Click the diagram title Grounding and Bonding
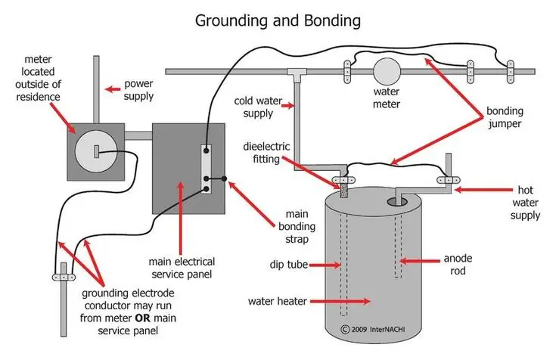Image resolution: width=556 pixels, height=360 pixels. [x=278, y=20]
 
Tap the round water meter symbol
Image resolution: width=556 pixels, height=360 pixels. [x=387, y=71]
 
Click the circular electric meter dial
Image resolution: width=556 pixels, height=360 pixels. [x=97, y=151]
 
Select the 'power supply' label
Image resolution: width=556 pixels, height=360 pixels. [x=138, y=90]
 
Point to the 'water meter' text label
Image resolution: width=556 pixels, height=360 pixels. [x=386, y=98]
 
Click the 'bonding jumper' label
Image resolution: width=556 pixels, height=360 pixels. [x=505, y=117]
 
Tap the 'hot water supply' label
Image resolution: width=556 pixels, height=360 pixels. [x=525, y=203]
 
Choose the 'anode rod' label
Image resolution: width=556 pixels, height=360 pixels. [x=458, y=264]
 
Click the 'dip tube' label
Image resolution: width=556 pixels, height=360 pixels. [x=289, y=265]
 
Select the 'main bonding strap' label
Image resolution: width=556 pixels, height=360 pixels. [x=297, y=226]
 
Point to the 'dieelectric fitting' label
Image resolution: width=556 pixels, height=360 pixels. [x=266, y=153]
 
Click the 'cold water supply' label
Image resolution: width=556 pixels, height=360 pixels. [x=258, y=107]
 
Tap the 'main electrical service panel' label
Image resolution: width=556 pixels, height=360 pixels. [x=182, y=268]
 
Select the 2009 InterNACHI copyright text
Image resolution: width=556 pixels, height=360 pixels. [x=373, y=330]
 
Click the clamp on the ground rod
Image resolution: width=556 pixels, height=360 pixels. [x=64, y=277]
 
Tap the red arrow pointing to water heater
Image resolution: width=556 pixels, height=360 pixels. [x=340, y=302]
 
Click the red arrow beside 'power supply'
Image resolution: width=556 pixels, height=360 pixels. [x=113, y=89]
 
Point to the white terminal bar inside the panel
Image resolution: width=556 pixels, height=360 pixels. [x=206, y=169]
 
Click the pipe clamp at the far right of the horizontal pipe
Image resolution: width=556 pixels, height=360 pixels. [x=511, y=72]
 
